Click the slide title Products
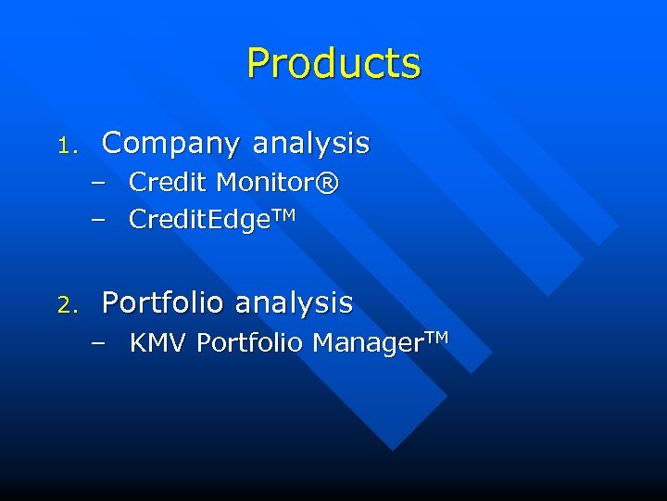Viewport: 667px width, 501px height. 333,64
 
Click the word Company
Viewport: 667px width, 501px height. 171,145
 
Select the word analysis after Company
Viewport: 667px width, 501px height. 310,145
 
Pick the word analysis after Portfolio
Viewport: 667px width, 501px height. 294,303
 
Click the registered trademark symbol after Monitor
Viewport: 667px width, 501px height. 328,183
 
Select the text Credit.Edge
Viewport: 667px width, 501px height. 198,220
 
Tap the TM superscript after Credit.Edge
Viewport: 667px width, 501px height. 283,214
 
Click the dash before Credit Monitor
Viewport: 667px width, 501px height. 99,184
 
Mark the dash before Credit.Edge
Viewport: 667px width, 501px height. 99,220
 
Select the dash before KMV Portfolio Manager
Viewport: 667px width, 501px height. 99,344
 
